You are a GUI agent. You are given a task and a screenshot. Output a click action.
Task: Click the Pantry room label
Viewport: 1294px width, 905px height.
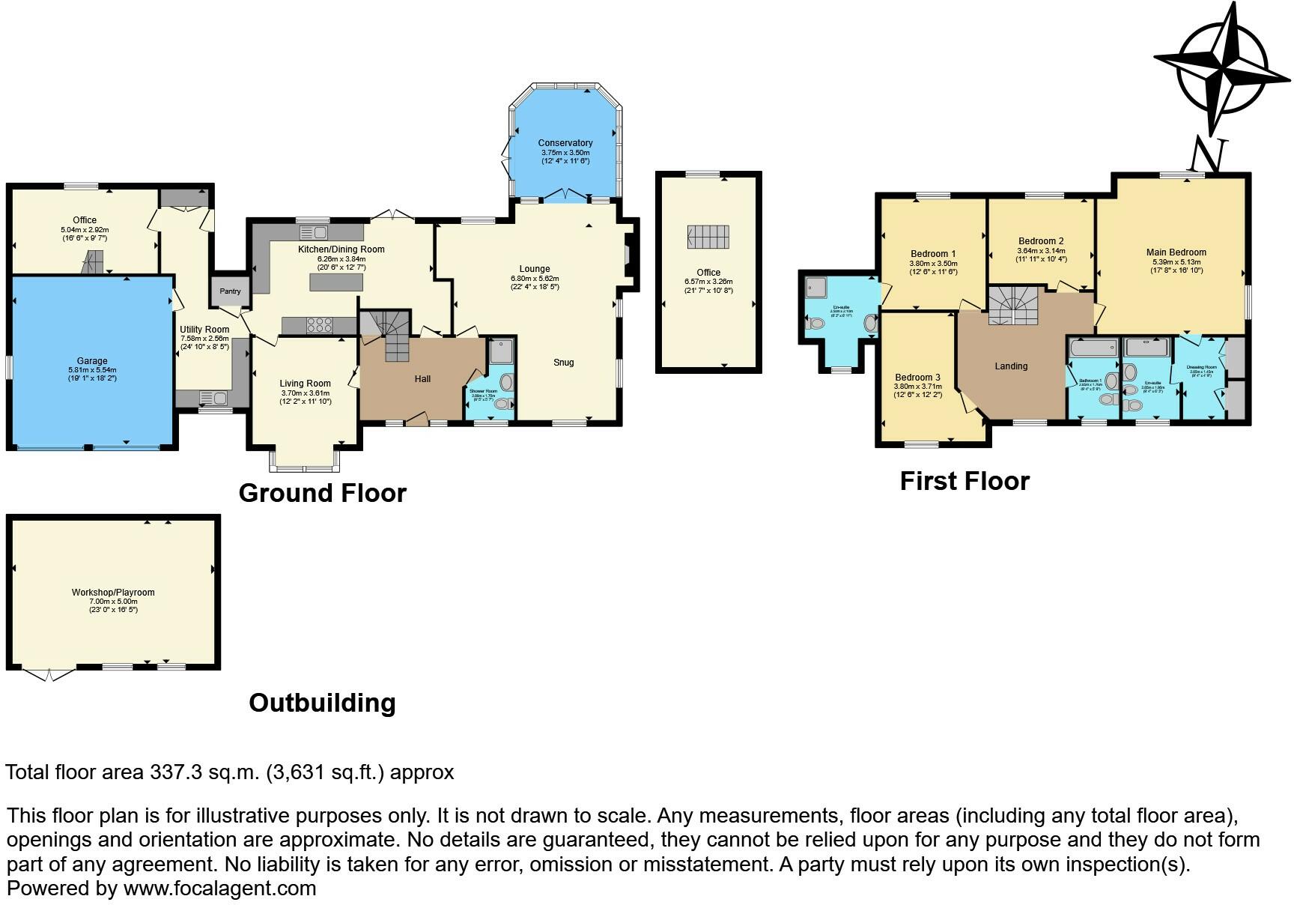[230, 291]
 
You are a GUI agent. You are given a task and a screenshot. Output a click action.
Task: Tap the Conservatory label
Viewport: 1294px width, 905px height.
[565, 143]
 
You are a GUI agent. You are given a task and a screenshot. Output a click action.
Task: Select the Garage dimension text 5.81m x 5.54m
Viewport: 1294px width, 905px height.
[92, 370]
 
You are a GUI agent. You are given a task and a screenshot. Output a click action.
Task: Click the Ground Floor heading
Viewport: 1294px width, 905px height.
[322, 493]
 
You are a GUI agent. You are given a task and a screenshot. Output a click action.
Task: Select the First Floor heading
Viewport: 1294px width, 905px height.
[965, 481]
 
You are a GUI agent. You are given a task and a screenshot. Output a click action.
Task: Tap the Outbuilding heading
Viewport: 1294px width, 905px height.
[322, 703]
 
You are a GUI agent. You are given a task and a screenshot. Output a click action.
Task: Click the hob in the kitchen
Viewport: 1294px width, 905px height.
[320, 325]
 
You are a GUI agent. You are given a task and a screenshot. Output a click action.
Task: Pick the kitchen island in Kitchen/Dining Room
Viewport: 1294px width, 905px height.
[336, 282]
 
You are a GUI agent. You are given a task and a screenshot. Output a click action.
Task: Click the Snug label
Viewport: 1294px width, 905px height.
[563, 363]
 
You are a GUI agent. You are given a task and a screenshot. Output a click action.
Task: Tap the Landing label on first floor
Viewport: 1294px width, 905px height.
[1011, 366]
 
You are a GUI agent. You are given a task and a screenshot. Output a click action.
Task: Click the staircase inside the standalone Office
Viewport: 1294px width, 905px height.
[708, 237]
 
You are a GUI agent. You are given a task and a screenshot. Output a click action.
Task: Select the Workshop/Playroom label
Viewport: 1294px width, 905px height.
[113, 593]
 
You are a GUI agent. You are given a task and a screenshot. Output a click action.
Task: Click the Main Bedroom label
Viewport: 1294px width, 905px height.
[1176, 252]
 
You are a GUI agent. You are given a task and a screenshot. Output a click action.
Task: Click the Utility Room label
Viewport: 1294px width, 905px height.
[204, 330]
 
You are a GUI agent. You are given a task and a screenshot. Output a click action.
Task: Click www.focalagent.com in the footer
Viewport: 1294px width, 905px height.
[219, 889]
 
